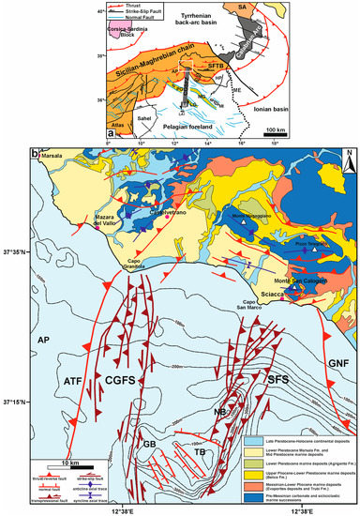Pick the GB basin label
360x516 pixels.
coord(148,444)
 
